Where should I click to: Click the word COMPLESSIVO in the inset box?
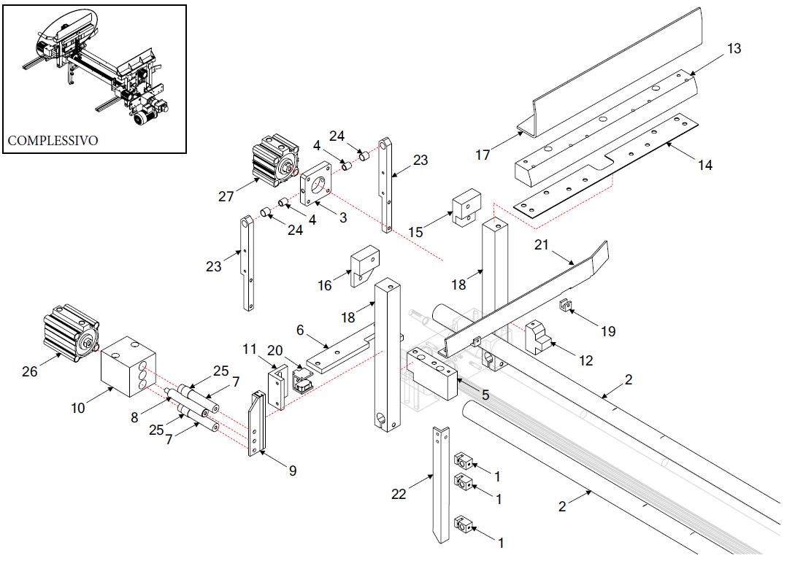click(x=52, y=140)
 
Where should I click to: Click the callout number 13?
click(x=734, y=49)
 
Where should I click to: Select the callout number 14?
click(x=704, y=165)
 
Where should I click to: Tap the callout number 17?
click(x=483, y=155)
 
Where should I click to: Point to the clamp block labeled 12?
click(x=540, y=336)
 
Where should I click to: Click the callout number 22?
click(x=399, y=495)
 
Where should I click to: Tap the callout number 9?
click(x=293, y=471)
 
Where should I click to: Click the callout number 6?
click(x=300, y=330)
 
